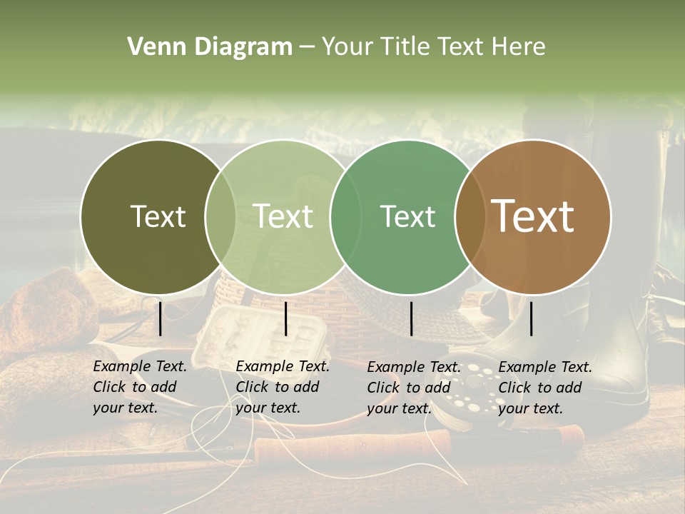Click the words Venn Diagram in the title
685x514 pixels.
210,47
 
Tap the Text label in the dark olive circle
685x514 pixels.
158,216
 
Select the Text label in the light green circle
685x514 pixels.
283,216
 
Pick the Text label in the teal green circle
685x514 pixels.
407,216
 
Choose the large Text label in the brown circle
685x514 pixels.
533,216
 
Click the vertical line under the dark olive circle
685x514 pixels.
160,318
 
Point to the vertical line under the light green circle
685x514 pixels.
285,318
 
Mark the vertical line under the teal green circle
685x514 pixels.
411,318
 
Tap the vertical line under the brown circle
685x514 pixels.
531,318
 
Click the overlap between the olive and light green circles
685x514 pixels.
220,217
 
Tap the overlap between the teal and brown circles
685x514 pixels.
470,217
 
